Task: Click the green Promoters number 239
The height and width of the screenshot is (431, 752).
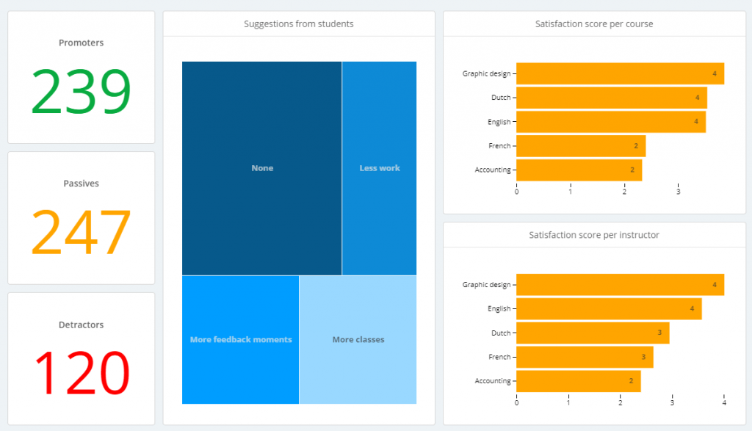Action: pyautogui.click(x=81, y=93)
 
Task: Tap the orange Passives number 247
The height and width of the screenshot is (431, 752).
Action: pyautogui.click(x=81, y=233)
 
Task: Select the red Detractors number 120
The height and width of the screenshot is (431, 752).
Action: pyautogui.click(x=81, y=373)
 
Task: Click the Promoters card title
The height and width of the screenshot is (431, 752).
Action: pyautogui.click(x=81, y=43)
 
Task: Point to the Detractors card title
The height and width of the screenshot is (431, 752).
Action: pyautogui.click(x=81, y=325)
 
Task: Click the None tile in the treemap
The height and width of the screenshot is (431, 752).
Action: pyautogui.click(x=262, y=168)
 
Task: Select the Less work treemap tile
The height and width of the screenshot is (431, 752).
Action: pyautogui.click(x=380, y=168)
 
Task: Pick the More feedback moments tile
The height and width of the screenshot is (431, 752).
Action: pyautogui.click(x=241, y=340)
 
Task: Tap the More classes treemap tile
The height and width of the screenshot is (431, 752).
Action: pyautogui.click(x=358, y=340)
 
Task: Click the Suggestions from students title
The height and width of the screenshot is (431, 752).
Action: pyautogui.click(x=299, y=24)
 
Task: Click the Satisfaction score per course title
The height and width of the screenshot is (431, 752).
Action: pyautogui.click(x=594, y=24)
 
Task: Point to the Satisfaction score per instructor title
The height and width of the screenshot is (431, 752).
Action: pyautogui.click(x=594, y=235)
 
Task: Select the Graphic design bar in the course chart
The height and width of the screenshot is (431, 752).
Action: pyautogui.click(x=620, y=73)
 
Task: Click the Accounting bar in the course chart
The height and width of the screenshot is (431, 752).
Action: pyautogui.click(x=579, y=170)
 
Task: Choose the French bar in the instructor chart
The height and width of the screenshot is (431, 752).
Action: pyautogui.click(x=585, y=357)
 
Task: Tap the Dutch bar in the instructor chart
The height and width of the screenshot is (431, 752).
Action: pyautogui.click(x=593, y=333)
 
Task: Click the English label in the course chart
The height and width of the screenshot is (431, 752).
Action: pyautogui.click(x=499, y=122)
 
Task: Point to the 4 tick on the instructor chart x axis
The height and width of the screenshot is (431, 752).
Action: pyautogui.click(x=724, y=402)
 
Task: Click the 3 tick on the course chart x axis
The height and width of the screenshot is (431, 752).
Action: pyautogui.click(x=678, y=192)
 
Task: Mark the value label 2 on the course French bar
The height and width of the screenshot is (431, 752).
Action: pyautogui.click(x=636, y=146)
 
